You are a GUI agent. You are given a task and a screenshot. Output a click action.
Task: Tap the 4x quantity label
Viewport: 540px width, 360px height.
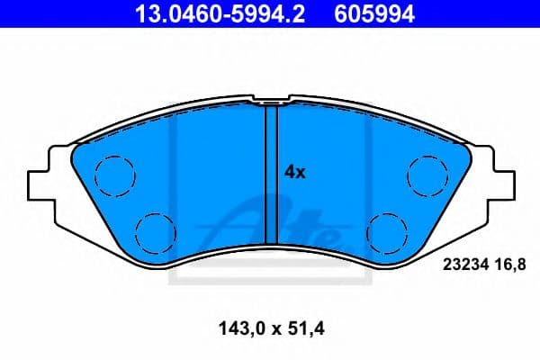pyautogui.click(x=295, y=171)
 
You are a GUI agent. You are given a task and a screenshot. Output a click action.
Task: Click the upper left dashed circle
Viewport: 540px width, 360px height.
pyautogui.click(x=113, y=172)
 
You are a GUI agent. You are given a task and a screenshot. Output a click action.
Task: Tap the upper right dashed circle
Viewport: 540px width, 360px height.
pyautogui.click(x=424, y=172)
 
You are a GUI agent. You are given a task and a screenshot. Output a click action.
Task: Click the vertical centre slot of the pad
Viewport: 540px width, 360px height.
pyautogui.click(x=269, y=166)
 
